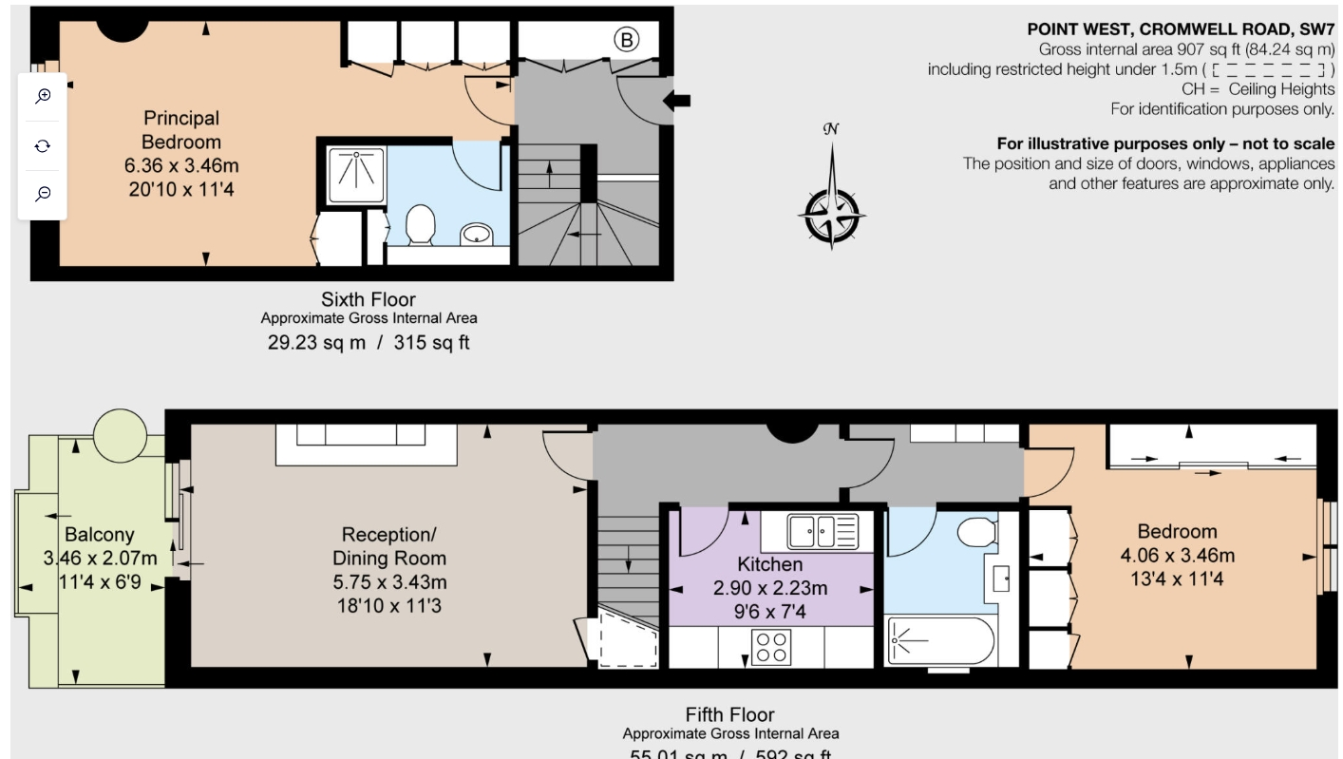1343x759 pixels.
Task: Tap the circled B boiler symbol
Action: [x=625, y=40]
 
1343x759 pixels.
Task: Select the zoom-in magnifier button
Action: [x=43, y=97]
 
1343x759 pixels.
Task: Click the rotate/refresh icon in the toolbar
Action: [x=43, y=145]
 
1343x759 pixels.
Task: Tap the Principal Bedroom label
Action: [x=180, y=130]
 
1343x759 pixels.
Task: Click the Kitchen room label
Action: [x=769, y=564]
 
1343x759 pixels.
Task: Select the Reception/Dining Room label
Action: [x=388, y=546]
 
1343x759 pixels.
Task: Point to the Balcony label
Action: [x=99, y=535]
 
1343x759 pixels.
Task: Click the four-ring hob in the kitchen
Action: [x=769, y=648]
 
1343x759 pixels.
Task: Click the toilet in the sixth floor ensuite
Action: [x=420, y=224]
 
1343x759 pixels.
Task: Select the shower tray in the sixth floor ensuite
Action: [x=356, y=175]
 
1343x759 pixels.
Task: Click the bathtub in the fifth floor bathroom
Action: [x=940, y=641]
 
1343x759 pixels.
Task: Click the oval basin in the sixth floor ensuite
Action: [x=476, y=233]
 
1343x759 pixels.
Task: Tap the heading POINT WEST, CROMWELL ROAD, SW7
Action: [x=1181, y=29]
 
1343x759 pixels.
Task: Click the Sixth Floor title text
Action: [x=369, y=299]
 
